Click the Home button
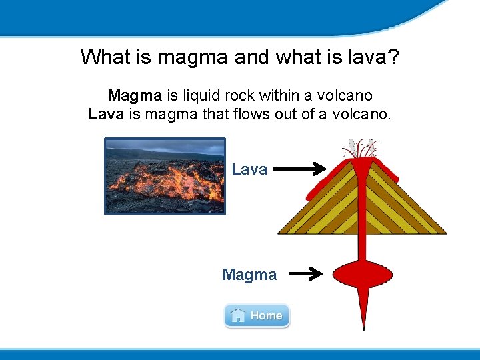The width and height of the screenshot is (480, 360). coord(257,315)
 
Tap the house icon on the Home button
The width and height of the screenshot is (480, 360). coord(237,315)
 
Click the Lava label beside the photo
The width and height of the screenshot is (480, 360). coord(249,169)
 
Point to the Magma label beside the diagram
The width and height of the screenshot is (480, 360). coord(249,275)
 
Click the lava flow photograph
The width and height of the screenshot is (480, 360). coord(165,176)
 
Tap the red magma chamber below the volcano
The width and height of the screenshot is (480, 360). coord(363,273)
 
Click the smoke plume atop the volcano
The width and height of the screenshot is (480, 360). coord(361,148)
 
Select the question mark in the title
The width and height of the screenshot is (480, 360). coord(393,57)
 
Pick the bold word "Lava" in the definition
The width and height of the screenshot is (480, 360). coord(106,114)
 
